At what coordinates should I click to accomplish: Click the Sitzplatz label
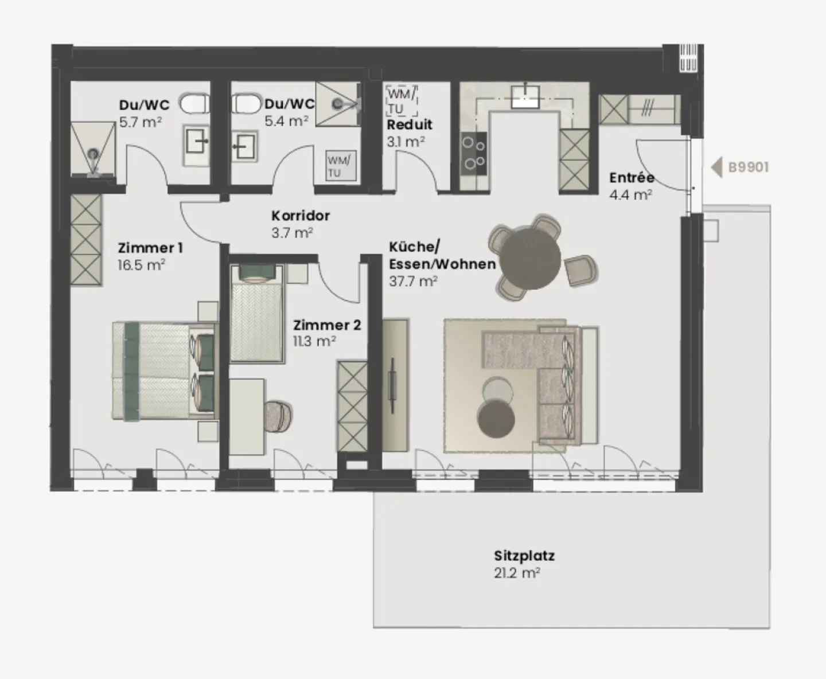[x=524, y=556]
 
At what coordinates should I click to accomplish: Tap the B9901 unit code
[x=748, y=167]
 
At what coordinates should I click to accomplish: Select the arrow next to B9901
[x=716, y=167]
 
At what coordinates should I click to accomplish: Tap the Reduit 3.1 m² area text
[x=406, y=141]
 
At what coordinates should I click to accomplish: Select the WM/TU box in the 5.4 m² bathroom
[x=341, y=166]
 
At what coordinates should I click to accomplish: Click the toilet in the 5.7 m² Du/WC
[x=193, y=105]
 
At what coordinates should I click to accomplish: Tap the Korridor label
[x=301, y=216]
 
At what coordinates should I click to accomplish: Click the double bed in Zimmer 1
[x=163, y=370]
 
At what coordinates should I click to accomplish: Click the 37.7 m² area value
[x=413, y=281]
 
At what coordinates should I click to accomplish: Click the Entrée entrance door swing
[x=660, y=166]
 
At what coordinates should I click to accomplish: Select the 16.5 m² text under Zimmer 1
[x=141, y=265]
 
